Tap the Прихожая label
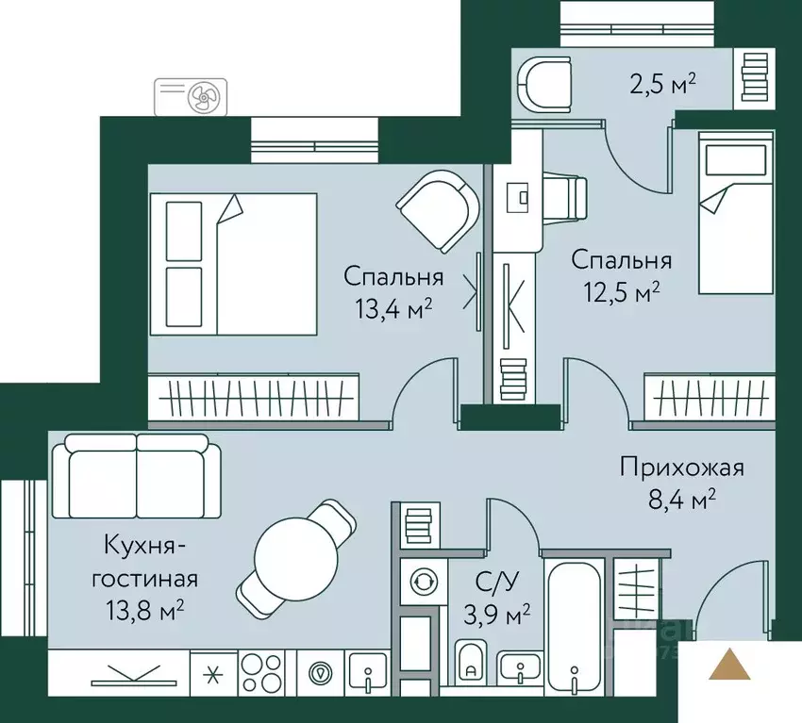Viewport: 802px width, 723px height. pos(682,467)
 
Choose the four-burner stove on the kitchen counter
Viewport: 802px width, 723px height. pos(263,673)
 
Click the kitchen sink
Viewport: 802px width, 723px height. pos(366,673)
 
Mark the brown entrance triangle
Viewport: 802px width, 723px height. pos(730,665)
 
